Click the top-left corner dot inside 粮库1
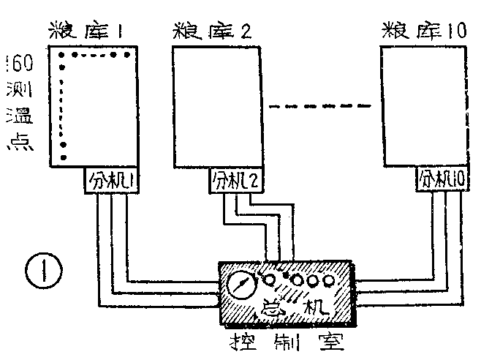(63, 55)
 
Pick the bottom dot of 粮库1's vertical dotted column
(64, 157)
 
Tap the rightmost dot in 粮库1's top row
(127, 55)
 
